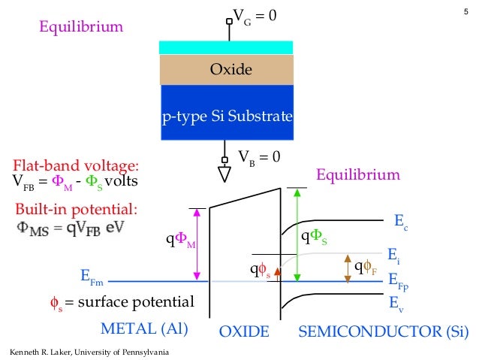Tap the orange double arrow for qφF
348,268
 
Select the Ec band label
402,223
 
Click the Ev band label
396,304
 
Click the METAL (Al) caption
143,329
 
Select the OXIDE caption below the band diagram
243,331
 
